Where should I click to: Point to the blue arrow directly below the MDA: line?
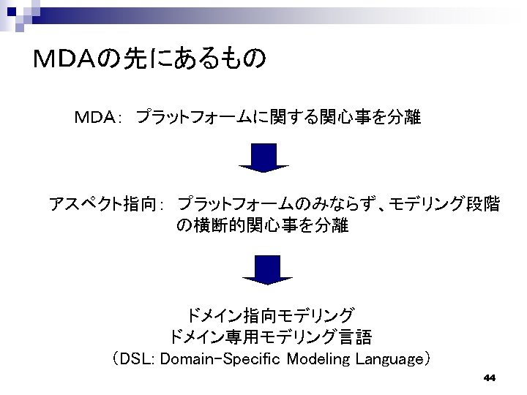264,157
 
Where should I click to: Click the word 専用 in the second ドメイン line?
246,337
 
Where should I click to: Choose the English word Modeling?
319,359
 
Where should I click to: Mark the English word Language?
389,359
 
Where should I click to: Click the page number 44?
490,378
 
